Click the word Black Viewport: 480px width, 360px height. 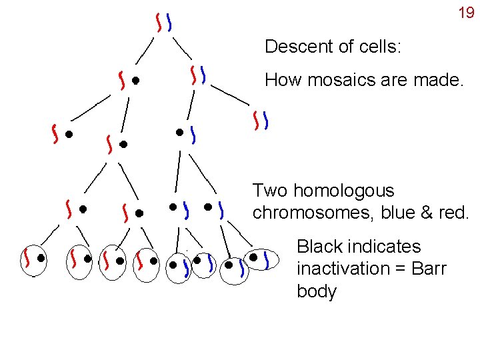319,247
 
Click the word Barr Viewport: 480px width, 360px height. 427,269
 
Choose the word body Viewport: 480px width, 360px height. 317,292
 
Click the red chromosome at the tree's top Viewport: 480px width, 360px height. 159,25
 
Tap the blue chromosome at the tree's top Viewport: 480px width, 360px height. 170,25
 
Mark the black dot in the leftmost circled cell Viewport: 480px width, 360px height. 41,257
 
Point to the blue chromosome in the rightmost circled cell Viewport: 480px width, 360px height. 267,259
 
